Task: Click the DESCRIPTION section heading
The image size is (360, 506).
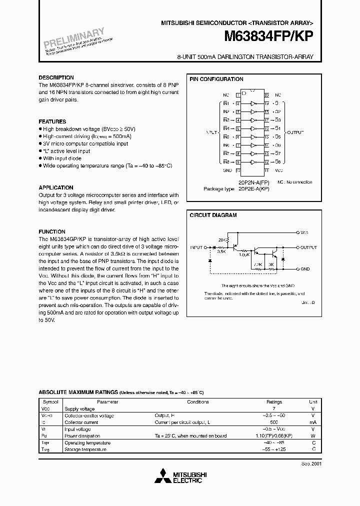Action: (56, 78)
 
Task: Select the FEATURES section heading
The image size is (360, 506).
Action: (52, 122)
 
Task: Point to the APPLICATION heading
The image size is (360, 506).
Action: (56, 188)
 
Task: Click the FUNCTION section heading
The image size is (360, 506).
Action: (52, 232)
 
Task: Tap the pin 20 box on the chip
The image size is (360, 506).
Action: (266, 94)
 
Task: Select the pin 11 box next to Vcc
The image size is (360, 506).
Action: (266, 170)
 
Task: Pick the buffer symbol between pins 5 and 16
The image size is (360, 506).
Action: (253, 128)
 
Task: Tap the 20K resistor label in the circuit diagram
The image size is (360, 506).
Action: (222, 240)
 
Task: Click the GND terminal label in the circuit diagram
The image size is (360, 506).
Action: (305, 269)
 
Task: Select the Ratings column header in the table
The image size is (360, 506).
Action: (274, 402)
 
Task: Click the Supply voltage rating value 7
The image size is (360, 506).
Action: (274, 409)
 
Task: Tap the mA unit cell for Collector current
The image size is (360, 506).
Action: (313, 422)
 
